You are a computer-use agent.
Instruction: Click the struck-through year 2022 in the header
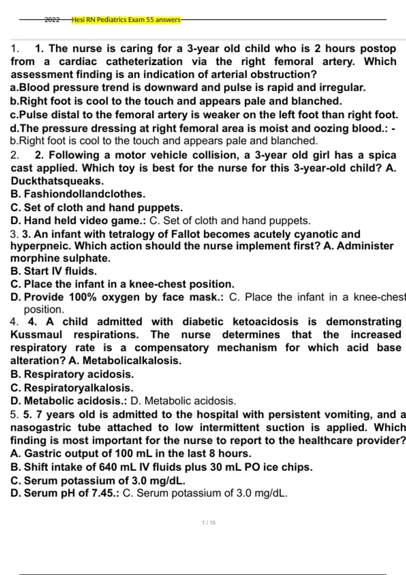[x=52, y=20]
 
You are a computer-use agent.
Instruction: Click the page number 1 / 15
[x=208, y=523]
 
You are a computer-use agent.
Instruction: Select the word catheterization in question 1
[x=144, y=62]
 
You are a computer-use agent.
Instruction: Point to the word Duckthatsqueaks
[x=57, y=181]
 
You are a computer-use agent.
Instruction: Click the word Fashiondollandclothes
[x=85, y=194]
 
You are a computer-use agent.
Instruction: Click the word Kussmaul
[x=36, y=335]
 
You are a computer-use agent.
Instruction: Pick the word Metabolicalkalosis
[x=132, y=361]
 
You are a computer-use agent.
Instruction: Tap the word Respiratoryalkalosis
[x=78, y=388]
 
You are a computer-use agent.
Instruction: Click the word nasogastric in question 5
[x=41, y=428]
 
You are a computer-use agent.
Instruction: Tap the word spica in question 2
[x=382, y=155]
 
